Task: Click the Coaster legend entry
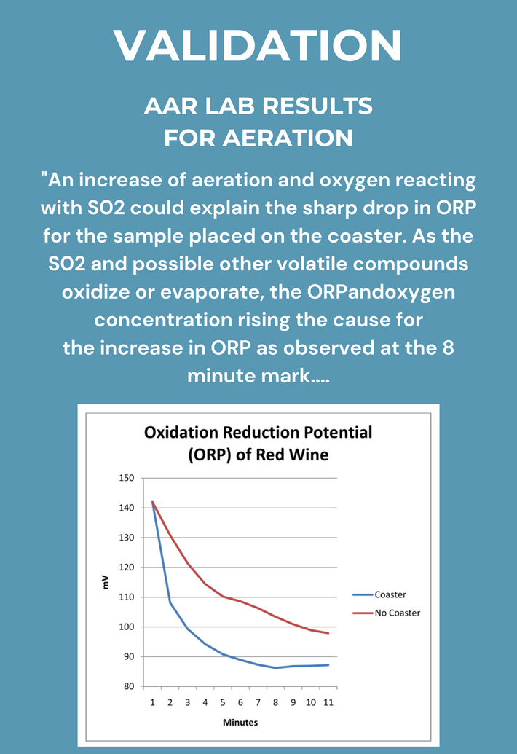point(390,595)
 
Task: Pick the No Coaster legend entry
point(398,613)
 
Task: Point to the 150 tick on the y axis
point(127,478)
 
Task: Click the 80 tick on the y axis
point(130,686)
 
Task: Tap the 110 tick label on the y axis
point(127,597)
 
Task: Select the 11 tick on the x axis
point(328,702)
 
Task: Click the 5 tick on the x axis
point(223,702)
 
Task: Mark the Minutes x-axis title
point(240,723)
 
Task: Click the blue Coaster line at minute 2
point(170,602)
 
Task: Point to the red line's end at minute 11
point(328,633)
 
